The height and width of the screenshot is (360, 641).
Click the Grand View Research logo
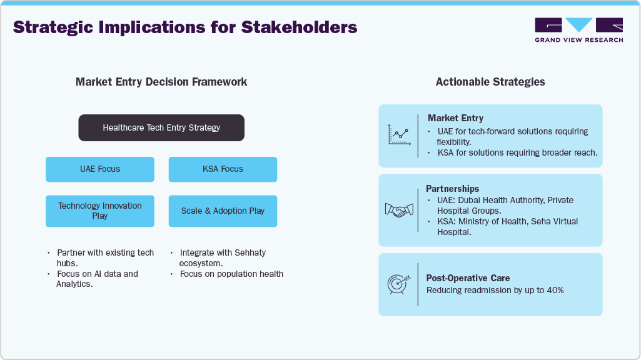pos(578,30)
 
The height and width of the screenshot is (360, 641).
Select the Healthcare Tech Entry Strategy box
pos(161,127)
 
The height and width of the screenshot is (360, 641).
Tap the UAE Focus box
pos(100,169)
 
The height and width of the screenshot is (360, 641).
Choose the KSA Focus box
pos(223,169)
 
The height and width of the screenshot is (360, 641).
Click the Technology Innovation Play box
pos(100,211)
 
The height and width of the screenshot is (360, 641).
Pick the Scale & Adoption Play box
pos(223,211)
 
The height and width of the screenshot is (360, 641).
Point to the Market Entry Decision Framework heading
pos(161,82)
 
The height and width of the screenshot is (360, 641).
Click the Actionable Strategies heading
pos(490,82)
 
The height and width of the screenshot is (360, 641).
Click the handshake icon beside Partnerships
pos(398,210)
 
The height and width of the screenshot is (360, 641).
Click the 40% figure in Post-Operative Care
pos(555,290)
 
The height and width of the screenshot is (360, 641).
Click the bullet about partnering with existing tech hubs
pos(104,257)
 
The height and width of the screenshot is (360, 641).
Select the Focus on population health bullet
pos(231,274)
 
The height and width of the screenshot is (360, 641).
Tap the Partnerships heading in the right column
pos(453,189)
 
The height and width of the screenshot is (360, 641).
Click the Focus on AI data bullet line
pos(97,274)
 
